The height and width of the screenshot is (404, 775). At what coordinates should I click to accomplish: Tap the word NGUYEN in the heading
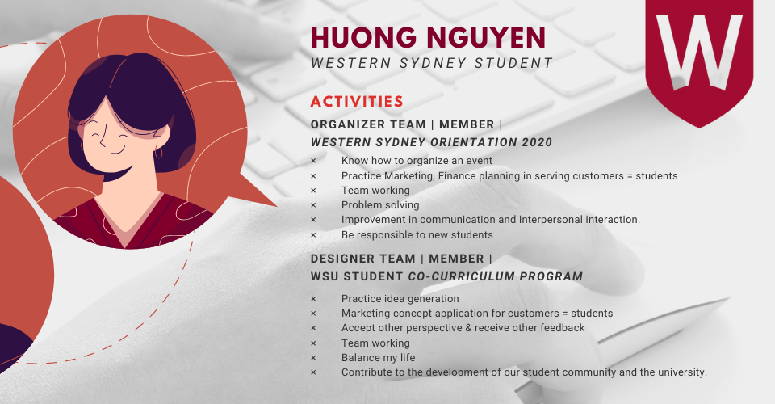(x=486, y=38)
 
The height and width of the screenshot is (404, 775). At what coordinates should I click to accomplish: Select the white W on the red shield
(x=699, y=52)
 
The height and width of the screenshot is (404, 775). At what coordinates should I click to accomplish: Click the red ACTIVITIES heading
(x=357, y=101)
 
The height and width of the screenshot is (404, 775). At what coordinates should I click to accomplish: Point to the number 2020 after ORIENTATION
(x=537, y=142)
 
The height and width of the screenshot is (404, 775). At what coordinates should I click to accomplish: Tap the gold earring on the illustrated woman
(x=158, y=152)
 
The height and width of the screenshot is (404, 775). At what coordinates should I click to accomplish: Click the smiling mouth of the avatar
(x=117, y=150)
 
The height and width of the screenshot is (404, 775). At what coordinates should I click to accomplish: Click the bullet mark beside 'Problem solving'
(x=313, y=205)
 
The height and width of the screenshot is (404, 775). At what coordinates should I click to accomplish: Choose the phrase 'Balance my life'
(x=378, y=357)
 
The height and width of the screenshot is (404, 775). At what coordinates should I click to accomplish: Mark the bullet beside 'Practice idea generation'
(x=313, y=299)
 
